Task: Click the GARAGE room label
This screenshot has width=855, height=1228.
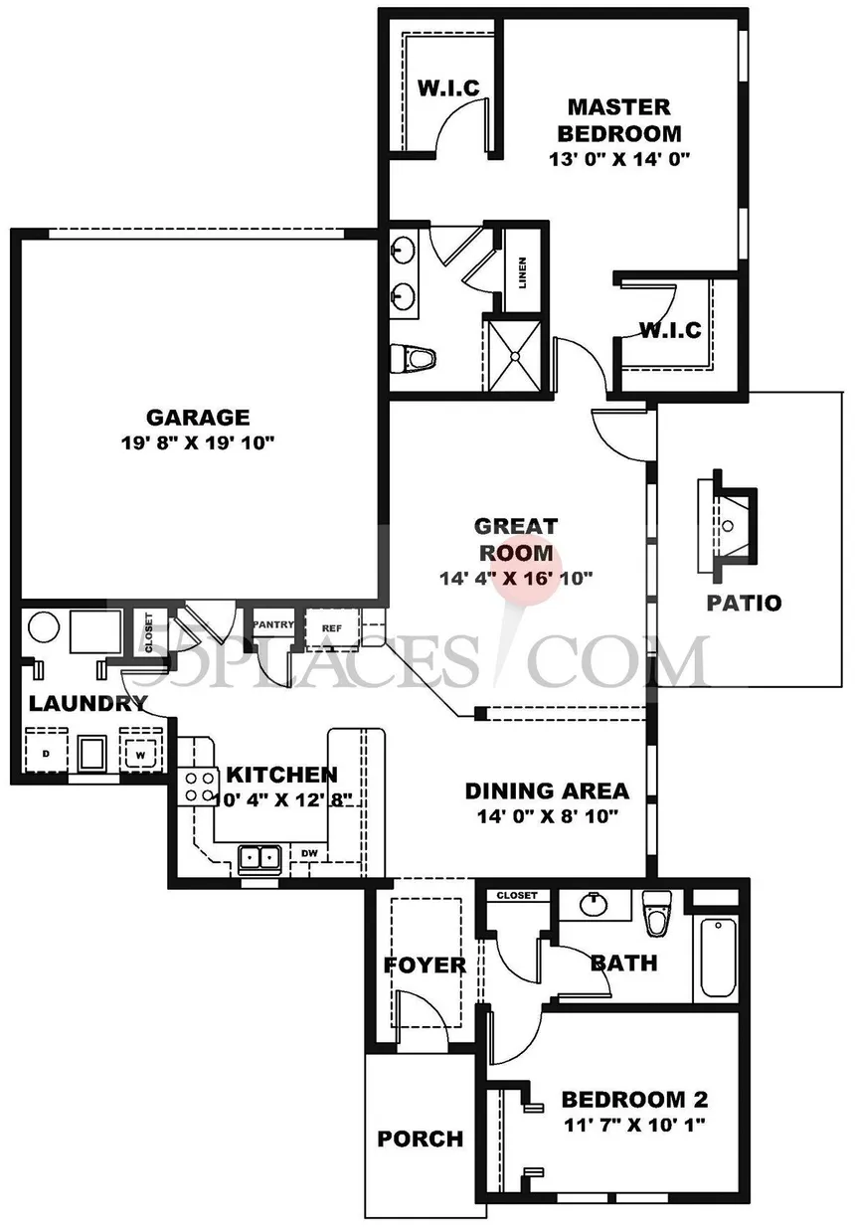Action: pos(198,418)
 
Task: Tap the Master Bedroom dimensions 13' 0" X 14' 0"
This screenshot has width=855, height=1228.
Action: pos(618,159)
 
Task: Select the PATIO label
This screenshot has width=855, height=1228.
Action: pos(744,603)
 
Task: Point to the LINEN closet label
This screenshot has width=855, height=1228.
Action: pos(522,272)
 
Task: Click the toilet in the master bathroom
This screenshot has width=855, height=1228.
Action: pos(413,359)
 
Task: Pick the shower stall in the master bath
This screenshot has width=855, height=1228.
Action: pos(515,356)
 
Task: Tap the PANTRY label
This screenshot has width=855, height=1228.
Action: pos(273,624)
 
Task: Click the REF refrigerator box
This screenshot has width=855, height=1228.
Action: pos(332,628)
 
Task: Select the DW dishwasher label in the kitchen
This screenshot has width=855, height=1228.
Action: pos(309,853)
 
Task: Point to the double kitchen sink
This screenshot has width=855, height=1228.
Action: pos(259,858)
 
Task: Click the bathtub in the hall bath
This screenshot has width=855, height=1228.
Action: pos(718,958)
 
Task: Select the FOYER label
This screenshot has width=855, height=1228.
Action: pos(425,965)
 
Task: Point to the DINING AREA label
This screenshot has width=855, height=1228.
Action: pos(547,791)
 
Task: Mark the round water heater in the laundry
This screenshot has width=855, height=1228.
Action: pos(44,627)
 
